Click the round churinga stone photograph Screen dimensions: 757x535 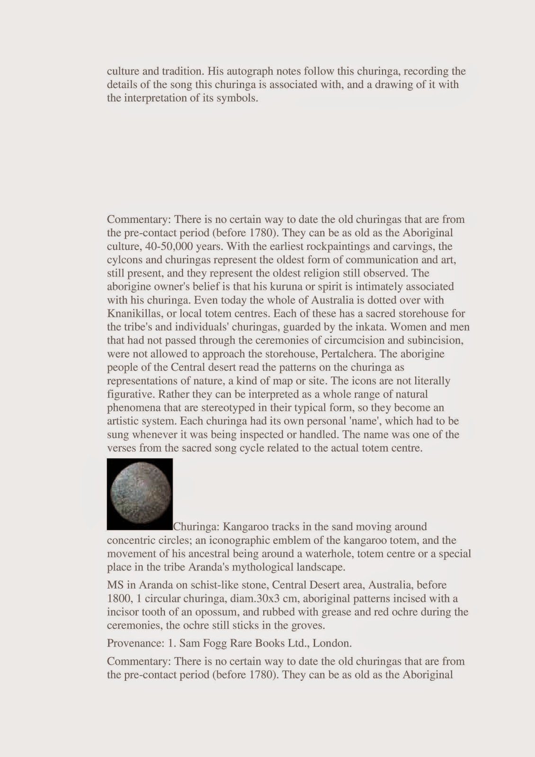click(140, 493)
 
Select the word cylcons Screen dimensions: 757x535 click(123, 260)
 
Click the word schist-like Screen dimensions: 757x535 click(206, 585)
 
